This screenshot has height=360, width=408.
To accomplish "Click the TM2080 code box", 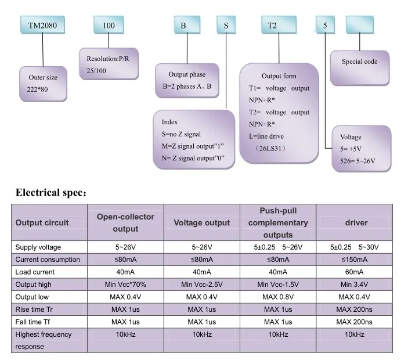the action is click(x=43, y=25).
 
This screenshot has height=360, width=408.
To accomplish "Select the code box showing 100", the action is click(x=109, y=25).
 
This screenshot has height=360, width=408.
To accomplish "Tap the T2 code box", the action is click(x=279, y=25).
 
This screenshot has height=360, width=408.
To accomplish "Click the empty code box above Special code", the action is click(x=360, y=25).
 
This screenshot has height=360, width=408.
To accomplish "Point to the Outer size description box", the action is click(x=43, y=84).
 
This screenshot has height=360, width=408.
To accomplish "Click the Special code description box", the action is click(x=360, y=68).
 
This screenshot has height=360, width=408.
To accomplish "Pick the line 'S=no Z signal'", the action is click(x=181, y=134).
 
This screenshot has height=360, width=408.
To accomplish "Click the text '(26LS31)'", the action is click(x=270, y=149).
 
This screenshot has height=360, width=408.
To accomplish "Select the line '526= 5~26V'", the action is click(x=358, y=161).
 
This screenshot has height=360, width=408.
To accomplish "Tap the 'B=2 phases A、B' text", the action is click(x=187, y=87).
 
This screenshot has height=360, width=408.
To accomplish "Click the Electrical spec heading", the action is click(x=51, y=193).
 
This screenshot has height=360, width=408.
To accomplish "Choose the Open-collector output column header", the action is click(x=125, y=222).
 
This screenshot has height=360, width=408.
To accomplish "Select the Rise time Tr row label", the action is click(x=34, y=309).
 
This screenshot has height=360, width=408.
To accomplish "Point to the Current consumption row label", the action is click(x=48, y=260).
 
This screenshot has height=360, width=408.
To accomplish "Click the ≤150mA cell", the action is click(x=355, y=260).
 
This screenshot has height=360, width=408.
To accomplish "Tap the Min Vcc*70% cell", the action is click(x=125, y=285).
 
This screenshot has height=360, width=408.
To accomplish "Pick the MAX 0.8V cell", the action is click(x=278, y=297).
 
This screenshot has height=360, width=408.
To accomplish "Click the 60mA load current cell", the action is click(x=355, y=272).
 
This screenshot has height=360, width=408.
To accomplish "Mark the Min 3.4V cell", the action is click(x=355, y=285).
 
